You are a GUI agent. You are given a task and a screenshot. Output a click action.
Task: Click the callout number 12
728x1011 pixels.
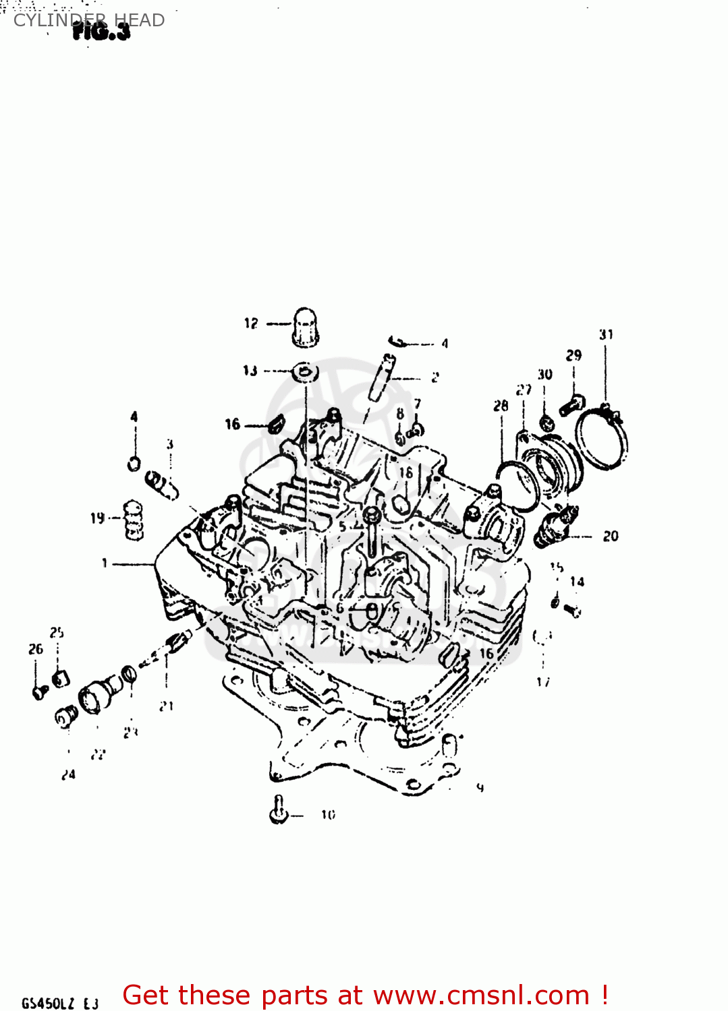pyautogui.click(x=251, y=324)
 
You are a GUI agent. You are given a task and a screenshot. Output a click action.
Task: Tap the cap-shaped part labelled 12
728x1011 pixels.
pyautogui.click(x=305, y=328)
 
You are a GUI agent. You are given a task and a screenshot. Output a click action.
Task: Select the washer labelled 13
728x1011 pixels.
pyautogui.click(x=305, y=371)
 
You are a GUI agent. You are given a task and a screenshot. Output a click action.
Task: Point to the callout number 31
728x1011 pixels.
pyautogui.click(x=606, y=334)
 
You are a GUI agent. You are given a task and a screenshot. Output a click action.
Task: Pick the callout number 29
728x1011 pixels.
pyautogui.click(x=573, y=355)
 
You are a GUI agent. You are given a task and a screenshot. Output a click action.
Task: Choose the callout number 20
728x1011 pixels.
pyautogui.click(x=611, y=536)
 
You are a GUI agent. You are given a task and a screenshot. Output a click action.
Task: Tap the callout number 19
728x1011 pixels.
pyautogui.click(x=98, y=518)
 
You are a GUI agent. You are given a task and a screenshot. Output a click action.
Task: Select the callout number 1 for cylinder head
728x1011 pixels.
pyautogui.click(x=105, y=563)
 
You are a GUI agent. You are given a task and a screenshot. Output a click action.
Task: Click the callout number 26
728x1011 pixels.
pyautogui.click(x=36, y=649)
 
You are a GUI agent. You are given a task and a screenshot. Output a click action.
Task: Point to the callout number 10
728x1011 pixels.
pyautogui.click(x=328, y=815)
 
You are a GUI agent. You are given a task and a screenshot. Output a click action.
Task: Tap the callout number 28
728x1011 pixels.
pyautogui.click(x=501, y=406)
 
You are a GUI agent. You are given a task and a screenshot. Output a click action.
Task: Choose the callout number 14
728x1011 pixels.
pyautogui.click(x=577, y=582)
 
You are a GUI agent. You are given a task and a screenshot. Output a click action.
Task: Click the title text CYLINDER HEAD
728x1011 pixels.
pyautogui.click(x=89, y=20)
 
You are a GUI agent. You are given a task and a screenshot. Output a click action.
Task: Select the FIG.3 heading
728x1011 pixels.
pyautogui.click(x=101, y=31)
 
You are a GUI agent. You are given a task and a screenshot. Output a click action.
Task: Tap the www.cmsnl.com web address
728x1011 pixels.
pyautogui.click(x=482, y=995)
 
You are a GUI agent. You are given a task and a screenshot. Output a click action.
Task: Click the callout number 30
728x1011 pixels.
pyautogui.click(x=544, y=374)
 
